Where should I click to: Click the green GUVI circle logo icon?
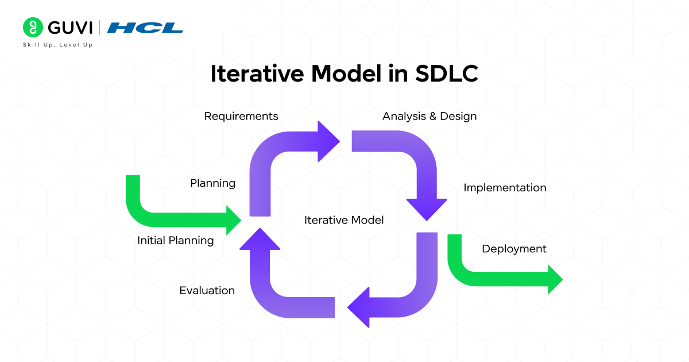(33, 27)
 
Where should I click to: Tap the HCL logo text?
(145, 28)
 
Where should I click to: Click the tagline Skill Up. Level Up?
(57, 45)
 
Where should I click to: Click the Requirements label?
(241, 116)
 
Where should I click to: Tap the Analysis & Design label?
(429, 116)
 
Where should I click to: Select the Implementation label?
(505, 188)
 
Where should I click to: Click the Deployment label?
(514, 249)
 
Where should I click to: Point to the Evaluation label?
(207, 291)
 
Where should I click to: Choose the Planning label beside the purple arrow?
(213, 183)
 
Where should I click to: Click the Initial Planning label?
(176, 241)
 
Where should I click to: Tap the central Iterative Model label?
(344, 220)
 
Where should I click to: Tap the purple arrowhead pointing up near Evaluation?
(260, 239)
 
